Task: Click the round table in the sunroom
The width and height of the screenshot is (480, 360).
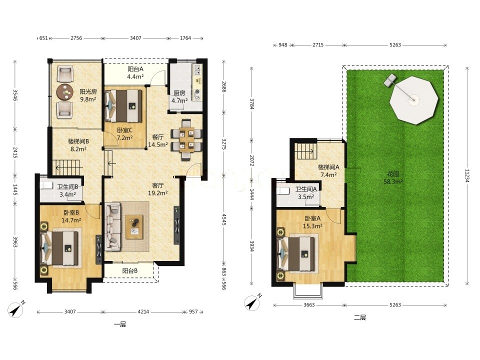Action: (x=65, y=91)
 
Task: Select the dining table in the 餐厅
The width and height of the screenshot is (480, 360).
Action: (x=186, y=139)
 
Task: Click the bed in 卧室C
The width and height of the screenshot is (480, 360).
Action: (x=123, y=105)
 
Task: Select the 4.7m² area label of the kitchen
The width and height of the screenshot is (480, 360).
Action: (x=179, y=100)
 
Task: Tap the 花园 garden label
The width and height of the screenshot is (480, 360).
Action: (x=393, y=174)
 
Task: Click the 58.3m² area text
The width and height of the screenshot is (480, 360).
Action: (x=393, y=181)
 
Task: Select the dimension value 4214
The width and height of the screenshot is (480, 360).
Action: (x=143, y=312)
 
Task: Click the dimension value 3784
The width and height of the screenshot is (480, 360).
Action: (x=251, y=104)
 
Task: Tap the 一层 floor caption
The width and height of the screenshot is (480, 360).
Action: (x=119, y=324)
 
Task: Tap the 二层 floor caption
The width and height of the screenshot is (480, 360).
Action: (x=359, y=318)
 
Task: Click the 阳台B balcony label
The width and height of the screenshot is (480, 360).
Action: (x=130, y=271)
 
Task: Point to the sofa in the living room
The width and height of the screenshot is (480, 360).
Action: (x=112, y=226)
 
